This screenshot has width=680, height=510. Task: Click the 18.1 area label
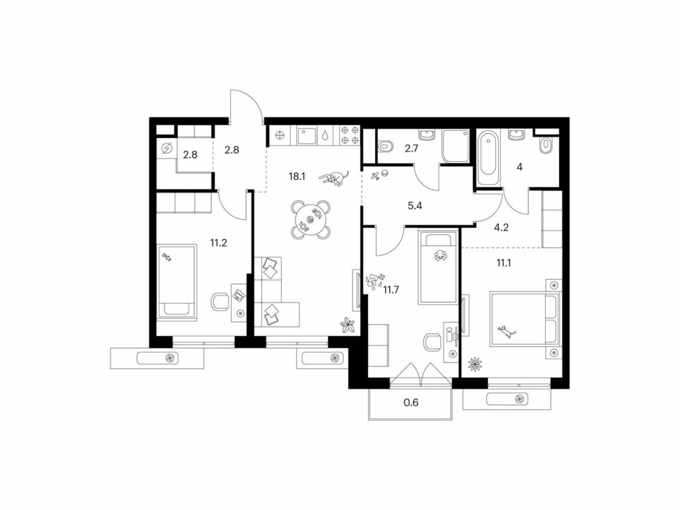(x=297, y=176)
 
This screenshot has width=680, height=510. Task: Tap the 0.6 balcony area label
(x=410, y=402)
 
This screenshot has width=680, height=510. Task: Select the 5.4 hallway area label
(x=415, y=206)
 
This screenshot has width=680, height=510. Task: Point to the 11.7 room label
(x=390, y=290)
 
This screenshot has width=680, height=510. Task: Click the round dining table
(x=309, y=219)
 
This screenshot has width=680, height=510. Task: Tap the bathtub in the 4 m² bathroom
(x=488, y=158)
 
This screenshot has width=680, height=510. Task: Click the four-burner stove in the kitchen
(x=350, y=134)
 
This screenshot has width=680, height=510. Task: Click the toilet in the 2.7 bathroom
(x=384, y=147)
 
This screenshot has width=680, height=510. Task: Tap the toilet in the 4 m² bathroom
(x=546, y=145)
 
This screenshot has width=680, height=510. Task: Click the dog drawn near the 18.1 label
(x=335, y=178)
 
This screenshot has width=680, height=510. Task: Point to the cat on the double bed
(x=505, y=332)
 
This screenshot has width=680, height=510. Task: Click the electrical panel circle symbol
(x=166, y=149)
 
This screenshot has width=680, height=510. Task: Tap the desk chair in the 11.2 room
(x=220, y=301)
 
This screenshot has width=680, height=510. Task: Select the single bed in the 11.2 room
(x=177, y=282)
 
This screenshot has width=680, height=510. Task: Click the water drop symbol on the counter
(x=325, y=135)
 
